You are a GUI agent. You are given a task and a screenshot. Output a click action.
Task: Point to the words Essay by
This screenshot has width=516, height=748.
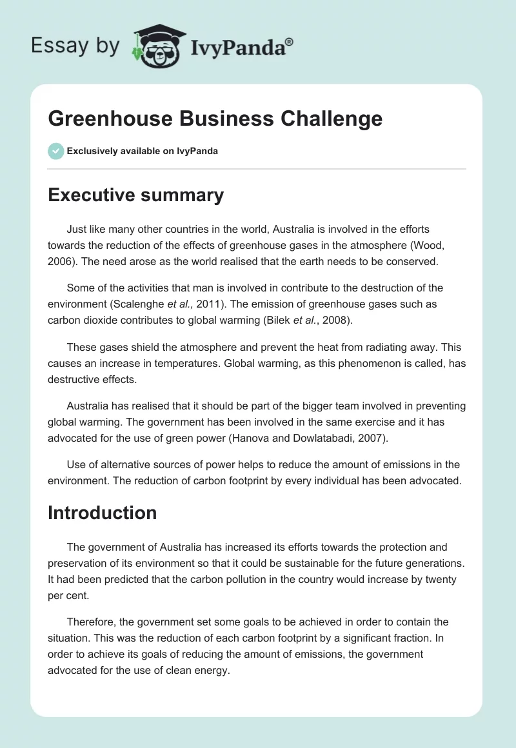point(75,46)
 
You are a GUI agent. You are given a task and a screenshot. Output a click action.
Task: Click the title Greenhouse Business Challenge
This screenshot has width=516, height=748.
point(215,119)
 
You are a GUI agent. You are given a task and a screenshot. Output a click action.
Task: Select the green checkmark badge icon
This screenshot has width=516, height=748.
point(55,151)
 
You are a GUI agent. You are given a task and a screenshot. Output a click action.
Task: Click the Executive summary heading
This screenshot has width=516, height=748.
point(135,195)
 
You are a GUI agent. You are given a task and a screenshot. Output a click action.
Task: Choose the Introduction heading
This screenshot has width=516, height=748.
point(102,513)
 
